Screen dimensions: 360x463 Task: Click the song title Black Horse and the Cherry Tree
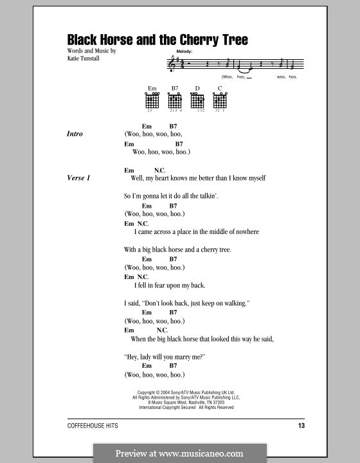[157, 40]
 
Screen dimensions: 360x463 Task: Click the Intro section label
[75, 134]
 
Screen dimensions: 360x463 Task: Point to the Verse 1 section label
[78, 177]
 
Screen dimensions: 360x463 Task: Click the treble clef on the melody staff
[170, 64]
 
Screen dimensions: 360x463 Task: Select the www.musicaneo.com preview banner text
[179, 453]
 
